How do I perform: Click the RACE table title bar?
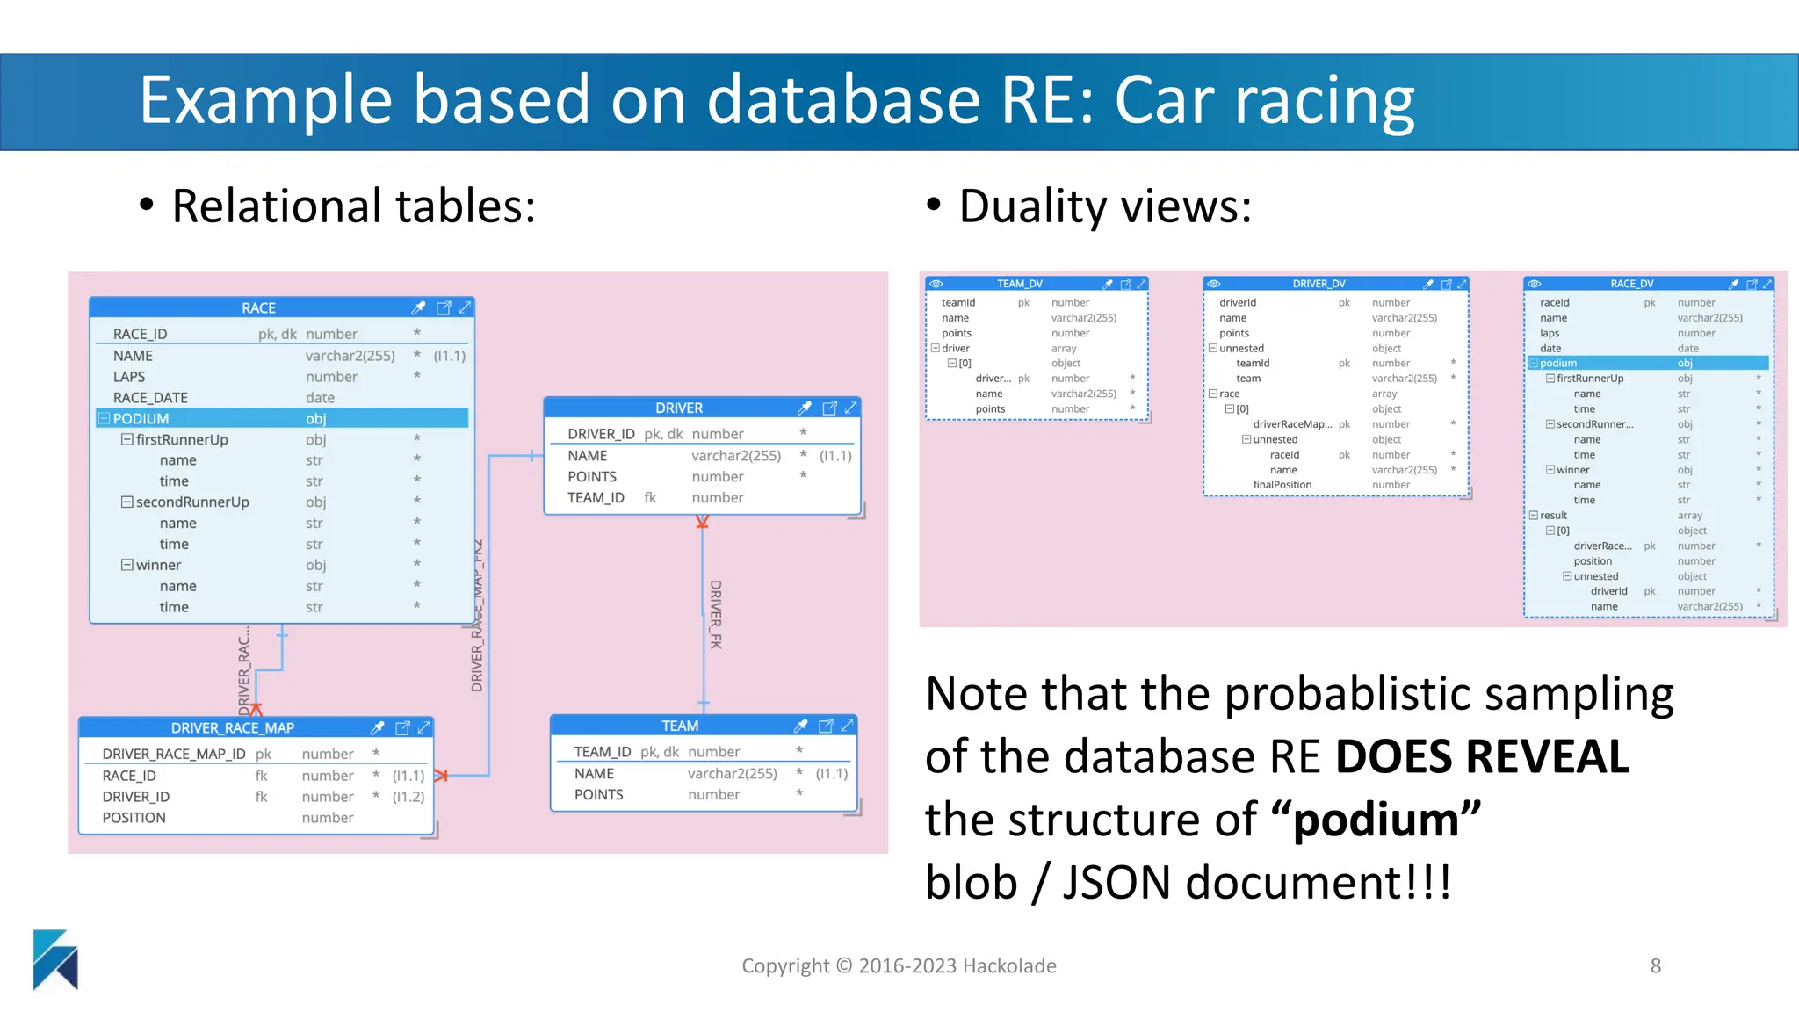click(x=258, y=308)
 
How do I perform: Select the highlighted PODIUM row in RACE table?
click(x=281, y=419)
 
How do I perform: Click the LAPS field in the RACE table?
click(x=129, y=377)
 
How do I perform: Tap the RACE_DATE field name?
click(x=150, y=398)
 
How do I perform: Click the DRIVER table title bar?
click(x=678, y=408)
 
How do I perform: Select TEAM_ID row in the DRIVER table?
click(x=596, y=498)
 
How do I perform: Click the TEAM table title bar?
click(x=680, y=726)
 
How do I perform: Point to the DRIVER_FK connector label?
click(x=716, y=614)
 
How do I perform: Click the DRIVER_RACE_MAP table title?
click(x=233, y=728)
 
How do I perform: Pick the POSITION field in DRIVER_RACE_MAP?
click(x=134, y=818)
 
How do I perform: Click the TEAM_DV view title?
click(x=1019, y=284)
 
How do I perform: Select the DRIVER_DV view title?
click(x=1319, y=284)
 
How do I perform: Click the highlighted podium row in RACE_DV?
click(x=1647, y=363)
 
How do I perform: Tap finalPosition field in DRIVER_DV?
click(x=1282, y=485)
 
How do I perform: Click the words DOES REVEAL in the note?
click(x=1481, y=756)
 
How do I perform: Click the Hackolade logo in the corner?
click(x=54, y=959)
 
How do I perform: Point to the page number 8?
click(x=1655, y=966)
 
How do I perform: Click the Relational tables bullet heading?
click(x=353, y=206)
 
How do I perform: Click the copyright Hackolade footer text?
click(x=899, y=966)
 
